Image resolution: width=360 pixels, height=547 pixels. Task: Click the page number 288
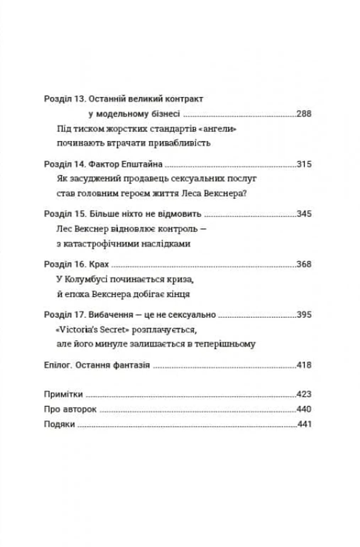(x=304, y=114)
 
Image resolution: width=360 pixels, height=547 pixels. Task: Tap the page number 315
(x=304, y=164)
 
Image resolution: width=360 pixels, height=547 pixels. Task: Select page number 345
(x=304, y=214)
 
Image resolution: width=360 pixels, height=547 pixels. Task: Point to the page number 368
(x=304, y=264)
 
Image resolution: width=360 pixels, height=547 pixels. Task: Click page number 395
(x=304, y=315)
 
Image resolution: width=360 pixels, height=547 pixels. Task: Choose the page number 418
(x=304, y=365)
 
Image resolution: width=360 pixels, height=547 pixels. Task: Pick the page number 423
(x=304, y=394)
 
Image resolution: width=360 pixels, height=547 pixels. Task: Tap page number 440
(x=304, y=409)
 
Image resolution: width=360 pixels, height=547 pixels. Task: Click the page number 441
(x=304, y=424)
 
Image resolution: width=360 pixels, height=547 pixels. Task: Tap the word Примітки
(x=63, y=394)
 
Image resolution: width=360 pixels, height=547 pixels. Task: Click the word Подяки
(x=59, y=424)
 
